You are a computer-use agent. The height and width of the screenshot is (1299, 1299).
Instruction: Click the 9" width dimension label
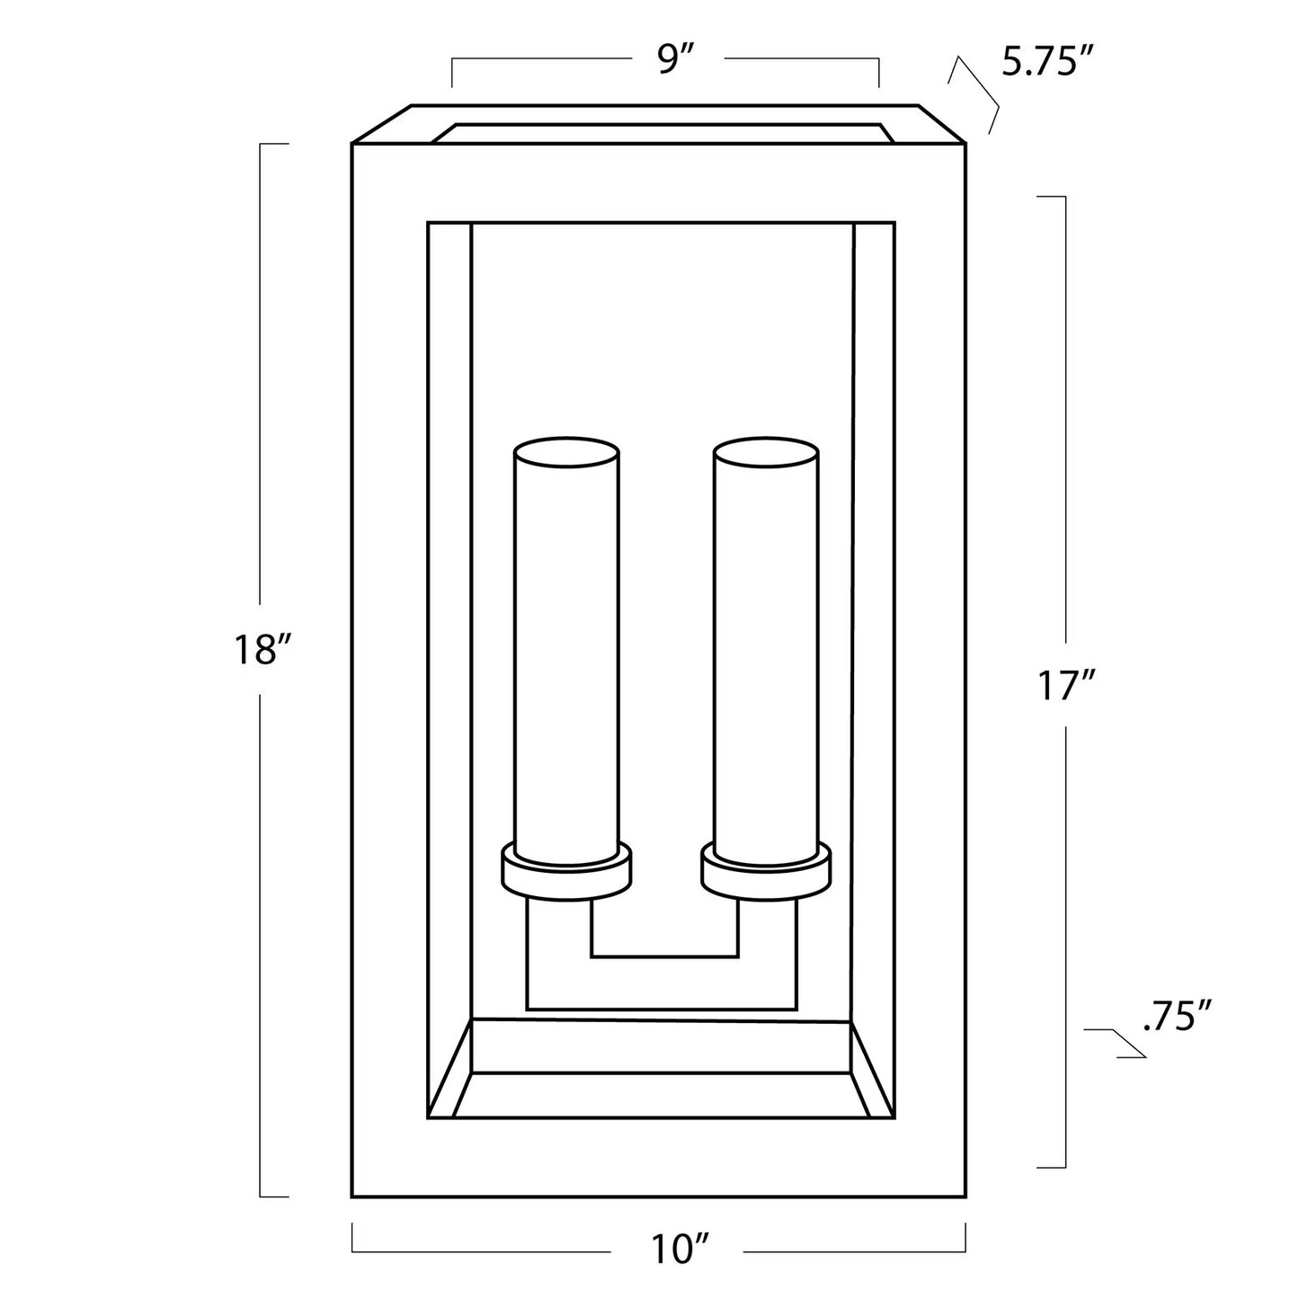pos(676,60)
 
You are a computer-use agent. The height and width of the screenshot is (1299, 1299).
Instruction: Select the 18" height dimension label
pos(262,650)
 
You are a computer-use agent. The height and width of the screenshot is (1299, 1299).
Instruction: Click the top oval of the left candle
pos(566,451)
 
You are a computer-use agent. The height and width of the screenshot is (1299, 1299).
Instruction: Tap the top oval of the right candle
pos(767,451)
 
